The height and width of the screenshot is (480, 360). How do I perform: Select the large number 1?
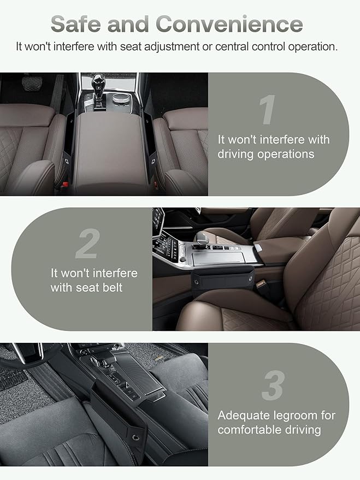point(268,109)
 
